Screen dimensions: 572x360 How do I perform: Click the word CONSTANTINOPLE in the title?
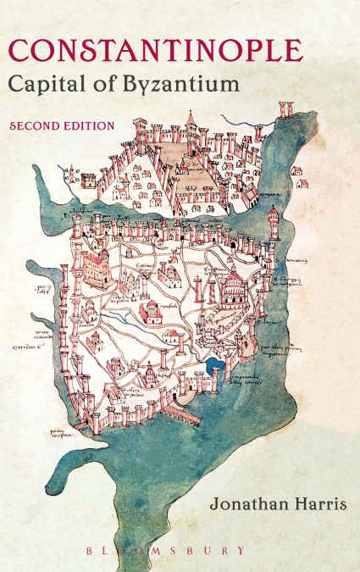155,50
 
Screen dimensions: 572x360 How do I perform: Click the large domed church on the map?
229,288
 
